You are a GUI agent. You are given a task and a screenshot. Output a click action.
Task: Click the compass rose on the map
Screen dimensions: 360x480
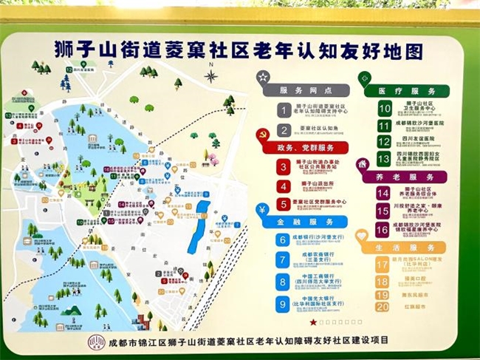tap(212, 75)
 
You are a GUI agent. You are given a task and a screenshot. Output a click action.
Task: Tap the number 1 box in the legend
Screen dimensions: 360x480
tap(283, 110)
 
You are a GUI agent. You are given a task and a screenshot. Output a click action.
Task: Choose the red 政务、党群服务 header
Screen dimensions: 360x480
tap(306, 148)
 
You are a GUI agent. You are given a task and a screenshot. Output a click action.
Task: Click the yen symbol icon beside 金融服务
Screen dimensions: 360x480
tap(262, 209)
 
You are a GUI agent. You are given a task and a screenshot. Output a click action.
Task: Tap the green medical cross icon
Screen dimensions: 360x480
tap(365, 78)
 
